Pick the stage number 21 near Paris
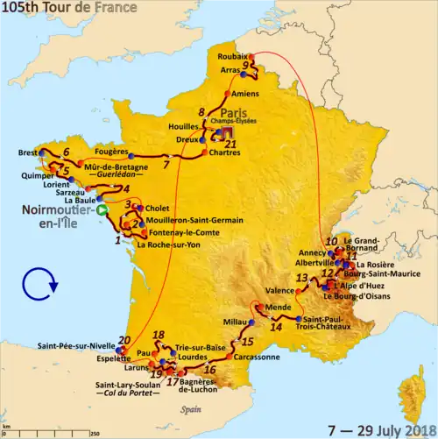pos(230,145)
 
